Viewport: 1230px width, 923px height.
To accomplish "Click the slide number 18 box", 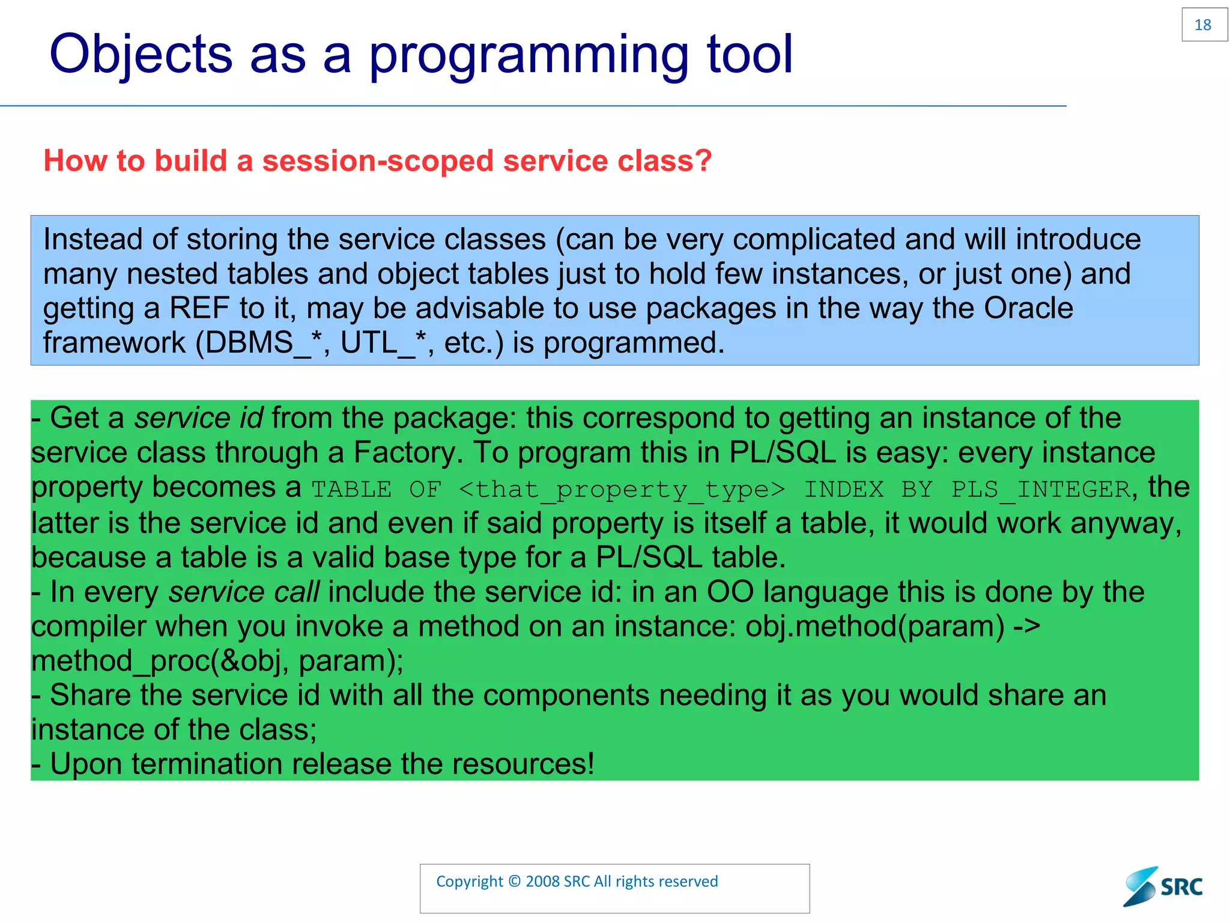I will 1204,25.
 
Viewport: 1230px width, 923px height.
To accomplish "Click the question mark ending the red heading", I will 703,161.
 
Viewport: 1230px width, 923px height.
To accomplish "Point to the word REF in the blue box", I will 199,308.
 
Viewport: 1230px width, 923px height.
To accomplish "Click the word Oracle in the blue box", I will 1028,308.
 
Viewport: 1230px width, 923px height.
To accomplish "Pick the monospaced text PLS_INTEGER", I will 1041,489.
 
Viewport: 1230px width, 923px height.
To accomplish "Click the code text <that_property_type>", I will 622,489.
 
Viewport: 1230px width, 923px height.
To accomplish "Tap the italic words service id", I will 198,418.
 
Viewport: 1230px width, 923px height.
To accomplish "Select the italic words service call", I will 243,592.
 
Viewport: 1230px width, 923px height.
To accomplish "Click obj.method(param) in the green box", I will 874,627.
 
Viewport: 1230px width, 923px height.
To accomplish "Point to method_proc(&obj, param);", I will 217,661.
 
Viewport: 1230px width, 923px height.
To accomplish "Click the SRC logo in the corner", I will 1163,886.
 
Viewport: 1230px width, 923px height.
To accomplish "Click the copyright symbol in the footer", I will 514,882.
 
